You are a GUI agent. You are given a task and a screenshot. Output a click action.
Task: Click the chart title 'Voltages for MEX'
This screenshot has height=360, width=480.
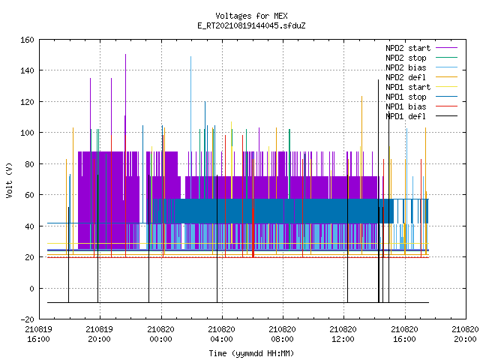click(251, 16)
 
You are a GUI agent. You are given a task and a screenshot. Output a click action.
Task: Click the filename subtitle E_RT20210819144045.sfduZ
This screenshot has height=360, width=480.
click(251, 25)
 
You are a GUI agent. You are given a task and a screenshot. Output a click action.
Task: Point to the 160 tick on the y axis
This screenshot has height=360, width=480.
click(27, 40)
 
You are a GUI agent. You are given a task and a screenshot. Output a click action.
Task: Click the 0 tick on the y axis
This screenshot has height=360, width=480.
click(31, 289)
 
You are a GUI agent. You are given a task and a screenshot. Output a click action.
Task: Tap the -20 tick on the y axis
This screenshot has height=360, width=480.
click(27, 319)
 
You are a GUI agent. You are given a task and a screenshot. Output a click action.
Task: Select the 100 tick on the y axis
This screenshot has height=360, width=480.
click(27, 133)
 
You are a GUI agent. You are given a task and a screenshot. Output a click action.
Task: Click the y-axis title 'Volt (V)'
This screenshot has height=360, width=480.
click(9, 180)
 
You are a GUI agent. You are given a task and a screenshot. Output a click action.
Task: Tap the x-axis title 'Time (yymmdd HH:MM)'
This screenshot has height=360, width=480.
click(251, 353)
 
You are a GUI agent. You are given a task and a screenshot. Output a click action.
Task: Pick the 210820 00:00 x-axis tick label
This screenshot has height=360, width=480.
click(160, 334)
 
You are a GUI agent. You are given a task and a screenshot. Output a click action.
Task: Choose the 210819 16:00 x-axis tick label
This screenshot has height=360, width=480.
click(38, 334)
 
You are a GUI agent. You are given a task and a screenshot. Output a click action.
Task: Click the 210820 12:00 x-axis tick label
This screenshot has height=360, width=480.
click(343, 334)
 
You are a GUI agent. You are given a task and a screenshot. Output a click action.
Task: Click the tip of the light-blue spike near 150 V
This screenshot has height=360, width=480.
click(190, 57)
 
